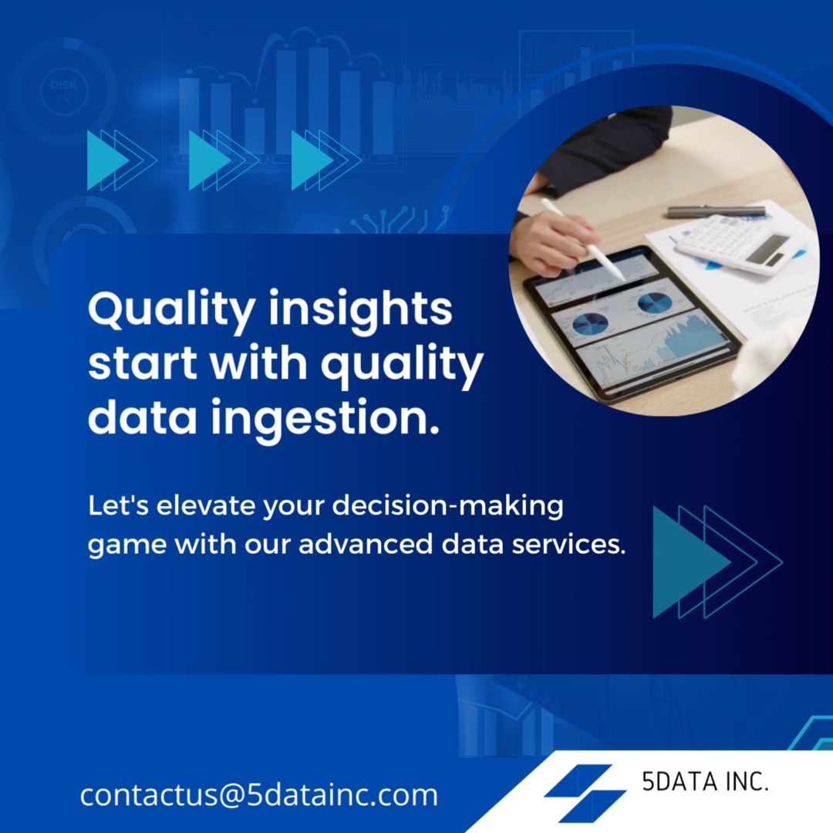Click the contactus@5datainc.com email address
258,794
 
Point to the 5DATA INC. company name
705,781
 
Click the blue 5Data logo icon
585,793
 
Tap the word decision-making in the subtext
448,506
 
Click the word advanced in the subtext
366,545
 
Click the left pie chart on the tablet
590,323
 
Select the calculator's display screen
767,249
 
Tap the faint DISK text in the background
63,85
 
